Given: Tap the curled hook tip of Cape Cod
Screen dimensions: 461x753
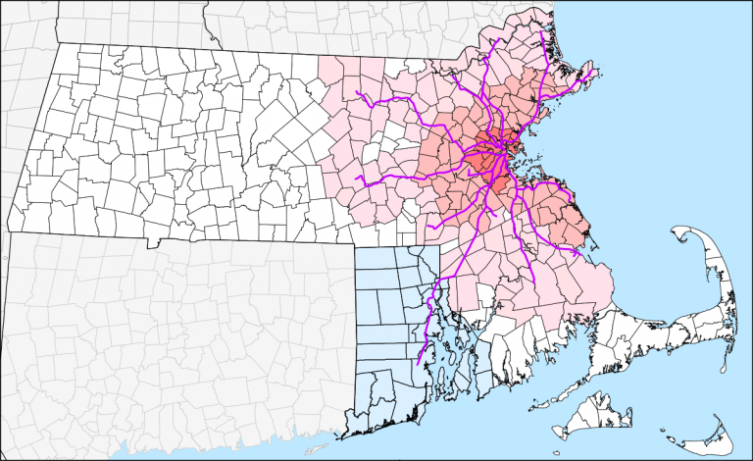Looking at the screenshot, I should (x=677, y=231).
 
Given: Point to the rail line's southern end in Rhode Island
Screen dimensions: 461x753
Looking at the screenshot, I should (x=419, y=364).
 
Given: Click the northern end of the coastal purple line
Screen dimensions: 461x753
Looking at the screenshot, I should (x=542, y=32).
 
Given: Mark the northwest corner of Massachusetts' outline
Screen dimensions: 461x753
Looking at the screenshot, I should (x=57, y=44).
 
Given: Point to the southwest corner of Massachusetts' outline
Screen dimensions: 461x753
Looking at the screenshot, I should (x=8, y=232).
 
